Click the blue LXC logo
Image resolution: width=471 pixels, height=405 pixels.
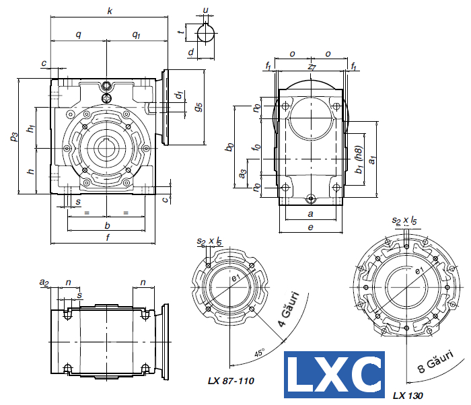point(334,374)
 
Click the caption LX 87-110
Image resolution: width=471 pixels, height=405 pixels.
point(231,381)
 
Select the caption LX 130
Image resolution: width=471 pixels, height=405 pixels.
point(408,396)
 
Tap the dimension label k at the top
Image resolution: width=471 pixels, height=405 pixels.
point(110,11)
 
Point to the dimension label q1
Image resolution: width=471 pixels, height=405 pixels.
point(137,35)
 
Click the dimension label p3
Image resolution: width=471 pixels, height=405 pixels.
point(14,137)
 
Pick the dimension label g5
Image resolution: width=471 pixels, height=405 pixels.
point(198,107)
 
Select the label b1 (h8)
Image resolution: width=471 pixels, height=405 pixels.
point(359,159)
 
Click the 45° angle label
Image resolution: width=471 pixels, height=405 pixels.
point(260,353)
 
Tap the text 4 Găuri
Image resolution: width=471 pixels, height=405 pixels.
point(289,309)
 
